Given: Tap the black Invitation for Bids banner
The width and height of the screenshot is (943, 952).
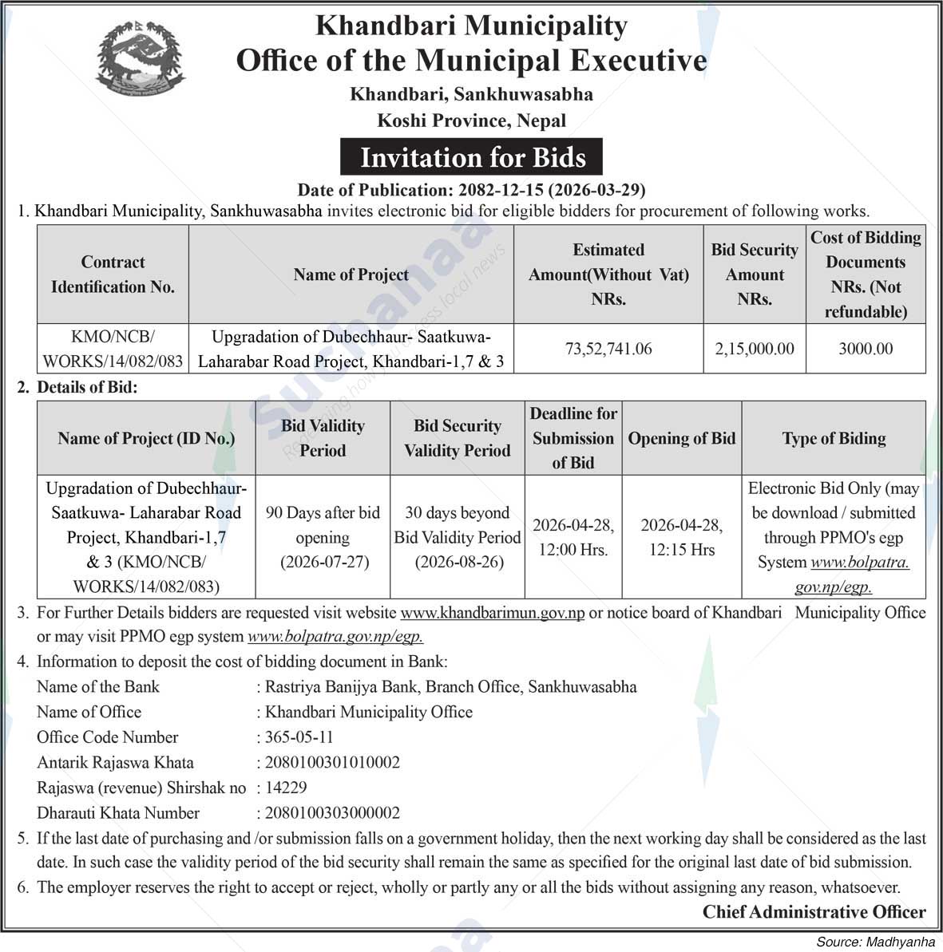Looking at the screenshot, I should tap(472, 157).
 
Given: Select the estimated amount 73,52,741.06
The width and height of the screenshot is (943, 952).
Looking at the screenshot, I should tap(608, 349).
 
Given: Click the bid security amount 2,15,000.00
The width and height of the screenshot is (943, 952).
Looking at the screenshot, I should tap(755, 349).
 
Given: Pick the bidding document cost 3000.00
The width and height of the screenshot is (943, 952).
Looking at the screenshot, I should tap(866, 349).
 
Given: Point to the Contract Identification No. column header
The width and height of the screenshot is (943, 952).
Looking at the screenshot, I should tap(113, 275).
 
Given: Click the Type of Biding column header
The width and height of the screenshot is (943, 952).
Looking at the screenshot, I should tap(834, 438).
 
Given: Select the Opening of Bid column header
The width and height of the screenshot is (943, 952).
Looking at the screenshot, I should tap(681, 438).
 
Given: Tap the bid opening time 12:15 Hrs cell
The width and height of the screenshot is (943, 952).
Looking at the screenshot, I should tap(681, 538).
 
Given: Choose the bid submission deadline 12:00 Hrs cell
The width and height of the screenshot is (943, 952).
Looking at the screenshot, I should tap(573, 538).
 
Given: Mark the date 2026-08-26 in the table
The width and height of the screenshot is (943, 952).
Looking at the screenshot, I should tap(458, 562).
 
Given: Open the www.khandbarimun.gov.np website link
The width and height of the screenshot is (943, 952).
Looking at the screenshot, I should tap(492, 613).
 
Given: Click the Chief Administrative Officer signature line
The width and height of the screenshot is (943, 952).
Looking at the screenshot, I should tap(814, 911).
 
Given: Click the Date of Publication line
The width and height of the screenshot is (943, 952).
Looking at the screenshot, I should tap(471, 190).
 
